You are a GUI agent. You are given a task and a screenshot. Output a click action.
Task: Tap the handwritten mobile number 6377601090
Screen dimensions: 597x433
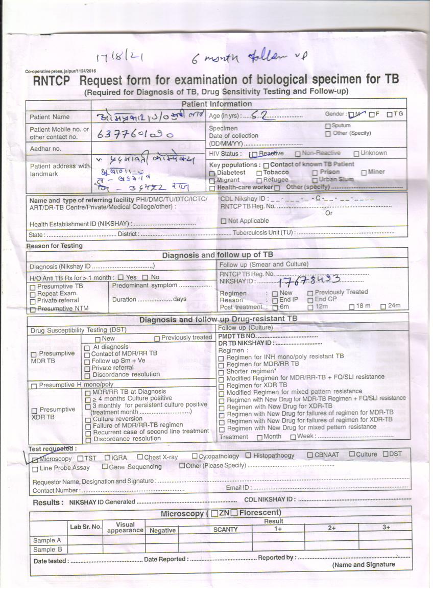135,134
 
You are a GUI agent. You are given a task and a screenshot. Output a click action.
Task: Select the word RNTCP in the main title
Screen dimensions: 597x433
51,81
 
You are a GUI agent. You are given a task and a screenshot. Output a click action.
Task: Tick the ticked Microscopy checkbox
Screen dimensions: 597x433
35,459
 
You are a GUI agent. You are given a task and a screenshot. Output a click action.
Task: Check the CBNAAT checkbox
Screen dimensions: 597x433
310,455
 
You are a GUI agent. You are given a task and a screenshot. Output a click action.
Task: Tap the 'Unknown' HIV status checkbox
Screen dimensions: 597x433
356,153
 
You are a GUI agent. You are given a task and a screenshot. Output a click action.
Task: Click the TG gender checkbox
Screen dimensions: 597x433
390,114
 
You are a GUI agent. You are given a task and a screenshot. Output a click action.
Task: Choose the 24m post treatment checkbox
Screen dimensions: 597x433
383,307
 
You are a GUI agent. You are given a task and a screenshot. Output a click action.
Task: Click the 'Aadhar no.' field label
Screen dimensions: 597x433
45,149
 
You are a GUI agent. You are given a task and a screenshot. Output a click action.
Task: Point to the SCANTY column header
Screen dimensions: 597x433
225,530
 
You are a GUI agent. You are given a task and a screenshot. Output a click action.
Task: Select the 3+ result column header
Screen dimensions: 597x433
386,528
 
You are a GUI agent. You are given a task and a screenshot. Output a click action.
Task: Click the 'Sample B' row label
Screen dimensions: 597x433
47,550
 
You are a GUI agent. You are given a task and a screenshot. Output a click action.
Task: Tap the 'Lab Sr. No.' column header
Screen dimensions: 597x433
85,526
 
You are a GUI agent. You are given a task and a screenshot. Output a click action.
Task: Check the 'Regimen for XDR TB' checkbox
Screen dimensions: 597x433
221,386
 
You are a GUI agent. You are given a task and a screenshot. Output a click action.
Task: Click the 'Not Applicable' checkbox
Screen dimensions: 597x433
224,221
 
